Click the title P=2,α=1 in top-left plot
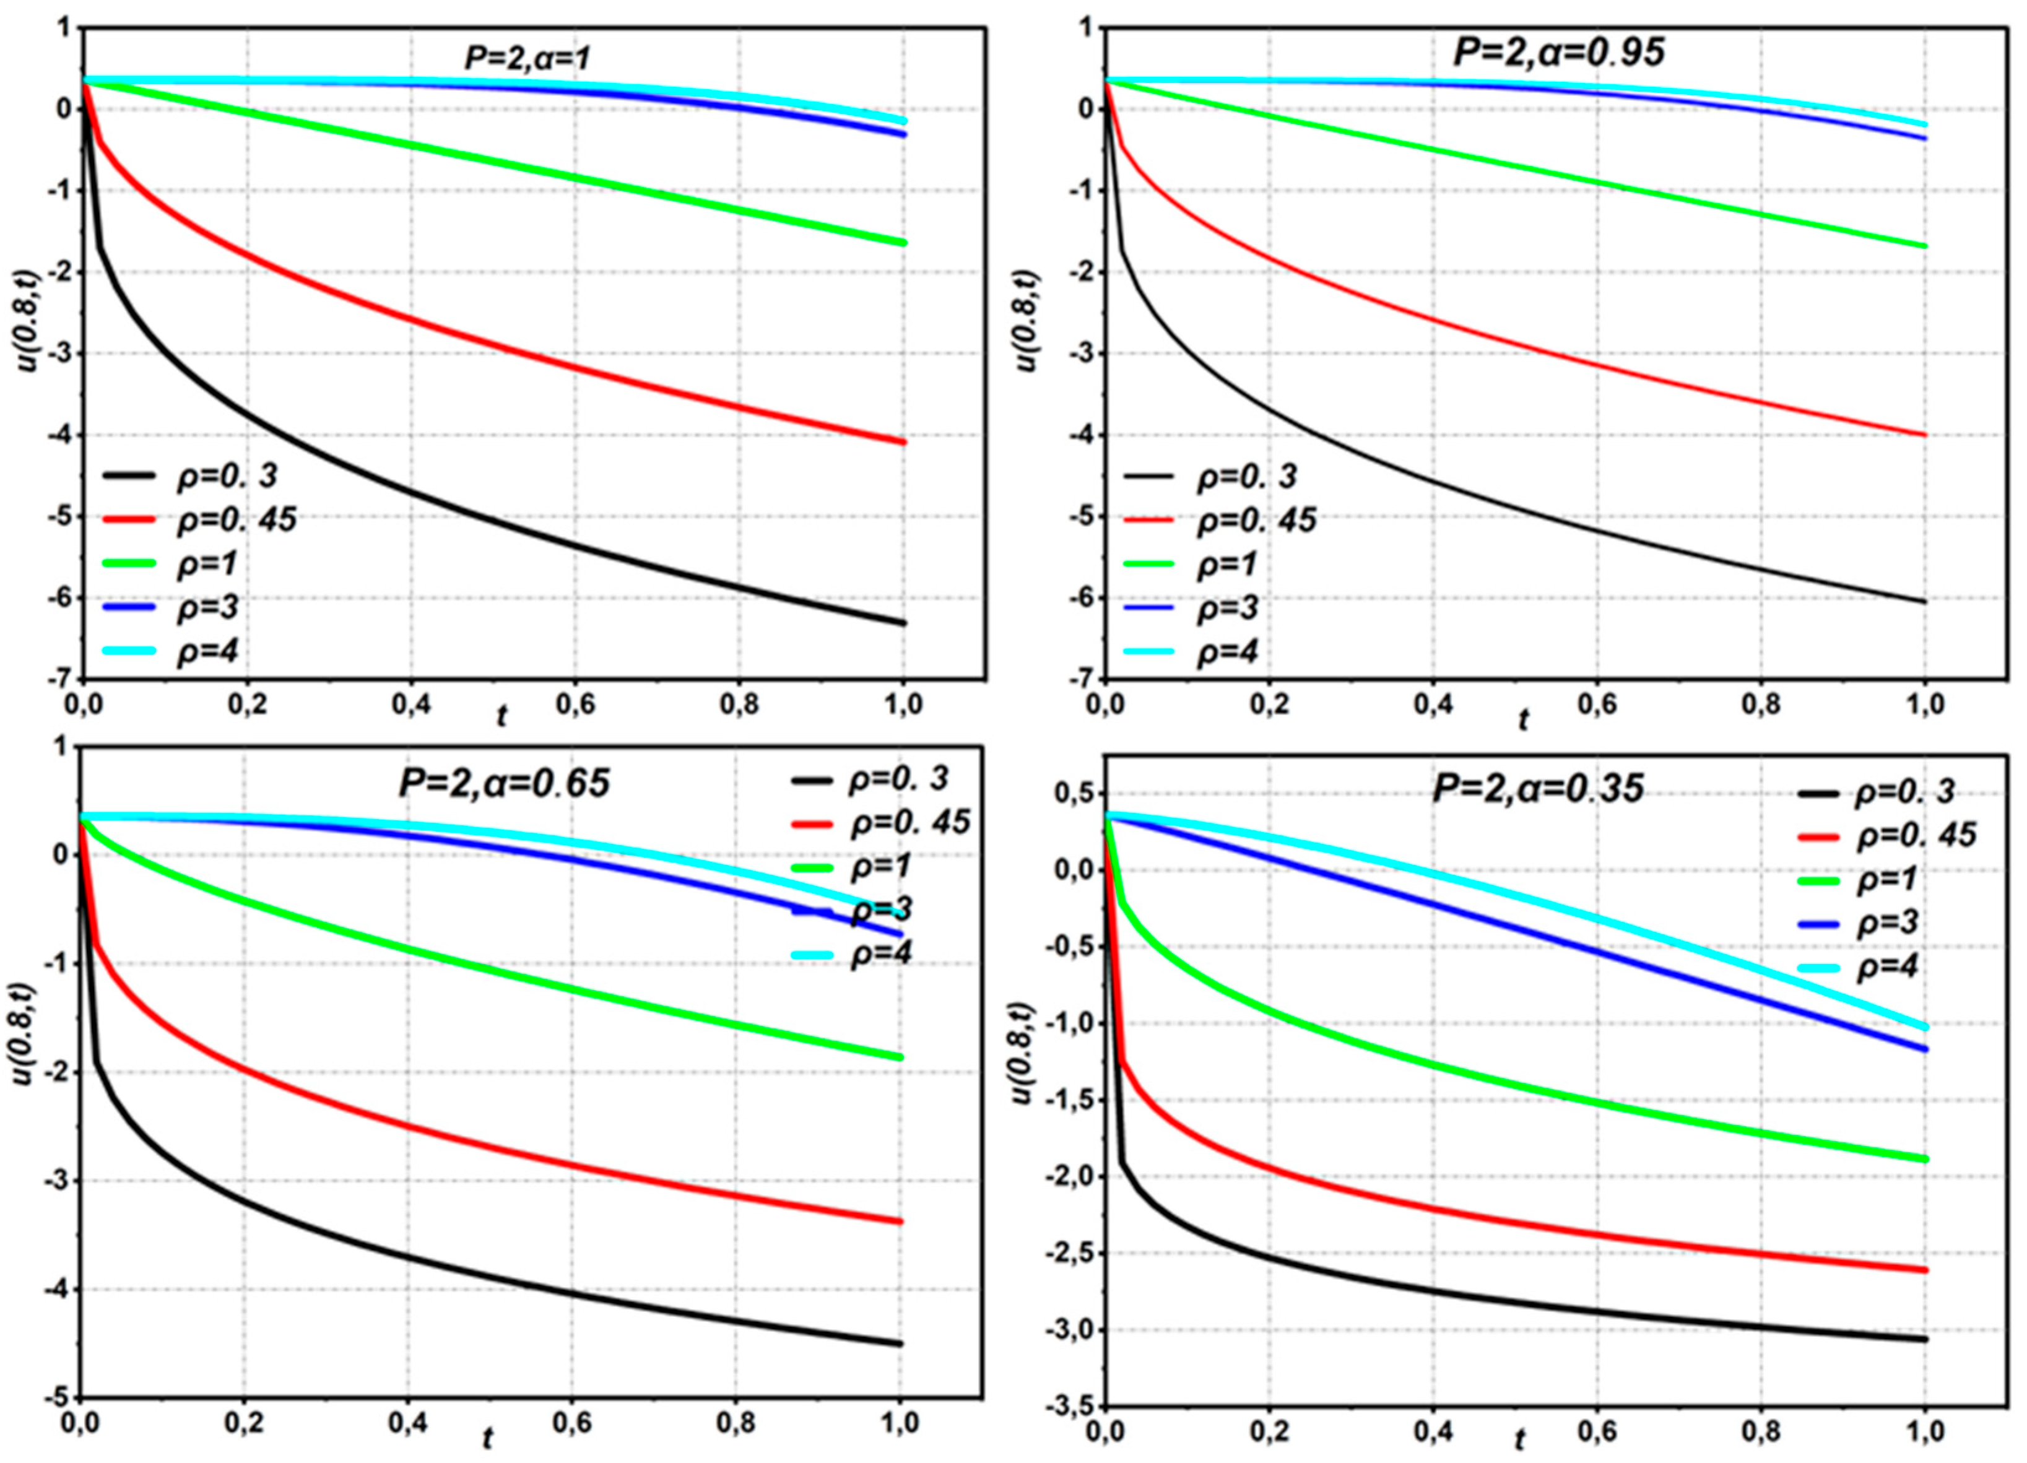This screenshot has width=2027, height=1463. pyautogui.click(x=527, y=59)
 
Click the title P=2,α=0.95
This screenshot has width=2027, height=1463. pyautogui.click(x=1560, y=52)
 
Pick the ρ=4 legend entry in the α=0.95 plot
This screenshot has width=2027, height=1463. pyautogui.click(x=1226, y=651)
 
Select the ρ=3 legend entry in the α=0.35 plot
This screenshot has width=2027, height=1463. pyautogui.click(x=1888, y=923)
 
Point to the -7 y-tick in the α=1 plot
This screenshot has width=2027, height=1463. pyautogui.click(x=61, y=679)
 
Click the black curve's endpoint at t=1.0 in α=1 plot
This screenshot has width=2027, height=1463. pyautogui.click(x=903, y=623)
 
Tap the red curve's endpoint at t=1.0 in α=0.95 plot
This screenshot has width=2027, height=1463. pyautogui.click(x=1924, y=435)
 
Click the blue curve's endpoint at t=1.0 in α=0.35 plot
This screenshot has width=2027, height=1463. pyautogui.click(x=1924, y=1049)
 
